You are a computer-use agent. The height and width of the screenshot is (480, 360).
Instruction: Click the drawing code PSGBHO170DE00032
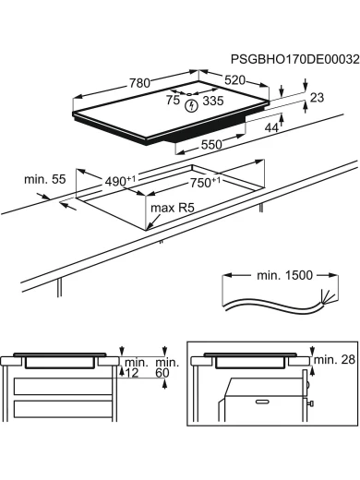(294, 59)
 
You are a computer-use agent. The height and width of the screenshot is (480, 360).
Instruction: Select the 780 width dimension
(139, 83)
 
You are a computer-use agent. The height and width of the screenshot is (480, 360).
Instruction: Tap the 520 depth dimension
(234, 80)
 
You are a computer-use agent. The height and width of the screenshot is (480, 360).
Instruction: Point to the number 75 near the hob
(173, 100)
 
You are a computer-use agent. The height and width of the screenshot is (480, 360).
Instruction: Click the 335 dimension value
(213, 101)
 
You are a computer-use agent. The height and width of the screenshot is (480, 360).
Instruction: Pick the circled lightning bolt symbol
(191, 106)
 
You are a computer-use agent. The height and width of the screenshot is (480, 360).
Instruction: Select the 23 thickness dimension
(317, 98)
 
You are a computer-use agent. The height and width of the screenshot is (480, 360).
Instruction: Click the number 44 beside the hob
(271, 127)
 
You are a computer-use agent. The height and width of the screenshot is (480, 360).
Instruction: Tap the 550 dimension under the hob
(211, 144)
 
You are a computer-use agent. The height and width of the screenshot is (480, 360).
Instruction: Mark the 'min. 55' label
(45, 179)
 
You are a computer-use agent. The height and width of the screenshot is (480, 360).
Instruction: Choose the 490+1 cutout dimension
(120, 181)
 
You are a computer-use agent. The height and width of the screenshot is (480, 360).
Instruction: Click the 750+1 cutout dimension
(205, 182)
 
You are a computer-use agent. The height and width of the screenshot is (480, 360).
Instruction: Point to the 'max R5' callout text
(173, 208)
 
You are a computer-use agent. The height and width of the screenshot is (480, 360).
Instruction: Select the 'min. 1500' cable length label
(284, 275)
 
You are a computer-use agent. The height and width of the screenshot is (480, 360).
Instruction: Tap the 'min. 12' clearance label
(137, 367)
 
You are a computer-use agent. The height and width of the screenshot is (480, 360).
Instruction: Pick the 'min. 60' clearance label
(167, 367)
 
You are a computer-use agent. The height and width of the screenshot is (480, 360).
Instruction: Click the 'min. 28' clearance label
(334, 359)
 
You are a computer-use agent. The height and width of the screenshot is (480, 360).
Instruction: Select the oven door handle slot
(262, 402)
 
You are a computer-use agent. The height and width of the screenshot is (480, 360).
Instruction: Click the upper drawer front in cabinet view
(64, 387)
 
